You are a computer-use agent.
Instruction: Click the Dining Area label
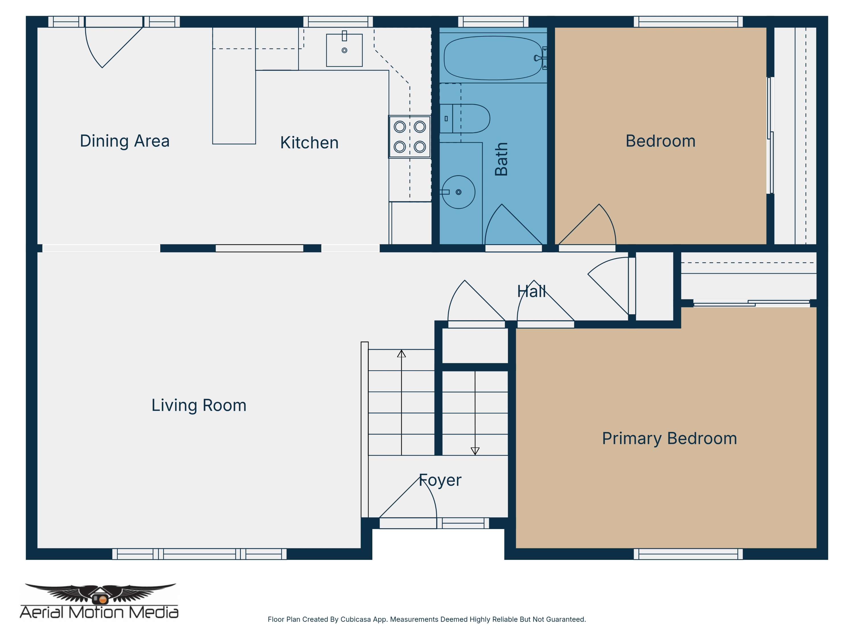125,141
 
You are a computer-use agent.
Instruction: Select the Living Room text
199,405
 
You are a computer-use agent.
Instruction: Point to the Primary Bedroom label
670,438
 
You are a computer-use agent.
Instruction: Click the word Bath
501,159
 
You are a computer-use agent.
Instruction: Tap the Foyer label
440,480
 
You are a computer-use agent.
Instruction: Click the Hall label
532,291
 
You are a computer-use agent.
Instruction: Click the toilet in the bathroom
465,119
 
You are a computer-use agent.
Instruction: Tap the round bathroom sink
458,192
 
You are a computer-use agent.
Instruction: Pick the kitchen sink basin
344,50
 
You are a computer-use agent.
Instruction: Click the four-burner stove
410,137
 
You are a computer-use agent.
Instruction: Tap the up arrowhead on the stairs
401,354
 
